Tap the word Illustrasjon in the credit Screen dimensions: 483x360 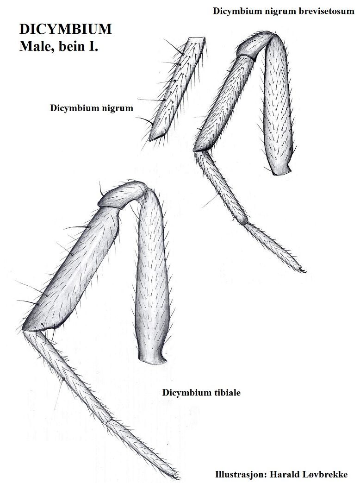pyautogui.click(x=236, y=474)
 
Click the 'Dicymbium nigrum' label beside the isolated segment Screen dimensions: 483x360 pyautogui.click(x=92, y=108)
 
